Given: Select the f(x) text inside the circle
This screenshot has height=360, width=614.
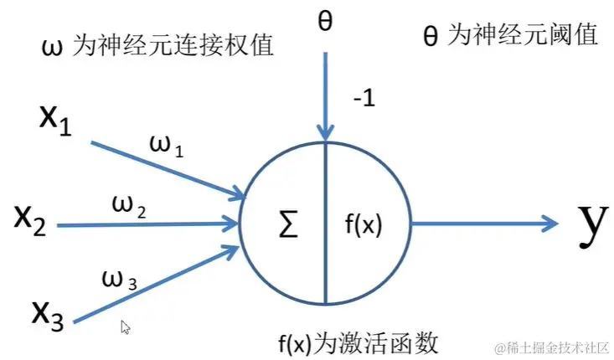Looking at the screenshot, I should [x=363, y=224].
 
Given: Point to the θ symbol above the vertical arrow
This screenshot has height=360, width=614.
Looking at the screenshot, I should [x=325, y=20].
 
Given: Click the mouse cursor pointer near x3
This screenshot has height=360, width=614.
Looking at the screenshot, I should [x=126, y=327].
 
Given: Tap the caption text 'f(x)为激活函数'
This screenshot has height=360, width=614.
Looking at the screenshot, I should [x=359, y=343].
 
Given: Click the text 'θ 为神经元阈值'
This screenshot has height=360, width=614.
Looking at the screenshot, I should [x=510, y=37].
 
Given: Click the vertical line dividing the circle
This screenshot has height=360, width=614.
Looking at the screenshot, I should [x=325, y=251].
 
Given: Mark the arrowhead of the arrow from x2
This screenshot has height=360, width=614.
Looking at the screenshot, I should [x=230, y=223].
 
